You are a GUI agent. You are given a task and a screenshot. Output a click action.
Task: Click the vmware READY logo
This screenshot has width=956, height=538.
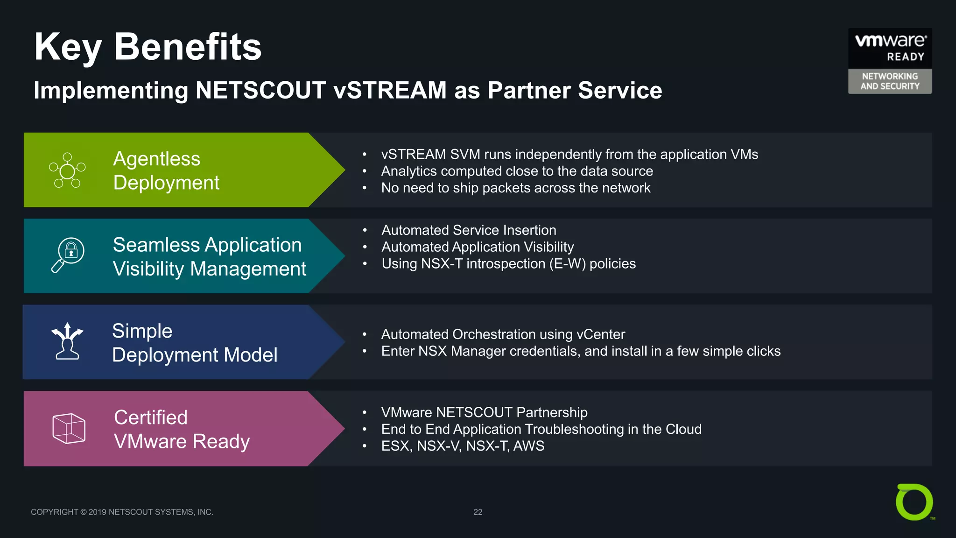pos(890,47)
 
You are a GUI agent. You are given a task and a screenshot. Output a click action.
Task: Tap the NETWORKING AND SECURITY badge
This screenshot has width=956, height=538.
pos(890,81)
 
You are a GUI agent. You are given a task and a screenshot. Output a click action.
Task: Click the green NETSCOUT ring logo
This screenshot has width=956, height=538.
pos(914,502)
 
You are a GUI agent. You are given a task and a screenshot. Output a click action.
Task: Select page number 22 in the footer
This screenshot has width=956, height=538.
pos(478,512)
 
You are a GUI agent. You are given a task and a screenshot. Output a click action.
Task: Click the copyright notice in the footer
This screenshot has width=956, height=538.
pos(122,512)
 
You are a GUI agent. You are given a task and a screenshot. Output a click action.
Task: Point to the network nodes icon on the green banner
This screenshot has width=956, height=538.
pos(67,170)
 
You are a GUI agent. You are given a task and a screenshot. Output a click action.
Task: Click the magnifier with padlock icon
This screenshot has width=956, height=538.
pos(68,255)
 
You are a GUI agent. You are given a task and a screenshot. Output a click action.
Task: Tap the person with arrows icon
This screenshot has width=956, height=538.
pos(67,341)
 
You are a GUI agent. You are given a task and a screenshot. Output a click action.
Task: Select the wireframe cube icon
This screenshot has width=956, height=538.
pos(69,428)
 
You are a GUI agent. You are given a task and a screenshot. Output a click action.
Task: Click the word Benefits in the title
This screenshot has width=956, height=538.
pos(188,47)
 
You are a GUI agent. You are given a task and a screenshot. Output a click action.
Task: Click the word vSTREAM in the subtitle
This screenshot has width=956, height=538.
pos(390,90)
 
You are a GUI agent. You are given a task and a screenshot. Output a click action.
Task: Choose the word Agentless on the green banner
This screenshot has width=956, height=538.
pos(156,159)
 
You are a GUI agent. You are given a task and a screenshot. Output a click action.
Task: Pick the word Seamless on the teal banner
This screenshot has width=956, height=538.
pos(156,245)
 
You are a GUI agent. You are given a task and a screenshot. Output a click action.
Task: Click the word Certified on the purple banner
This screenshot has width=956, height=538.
pos(150,417)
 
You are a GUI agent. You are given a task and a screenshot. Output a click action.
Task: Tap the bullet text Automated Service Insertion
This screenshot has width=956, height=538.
pos(469,230)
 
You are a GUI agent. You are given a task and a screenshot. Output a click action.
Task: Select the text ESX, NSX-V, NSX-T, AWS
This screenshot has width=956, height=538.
pos(463,446)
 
